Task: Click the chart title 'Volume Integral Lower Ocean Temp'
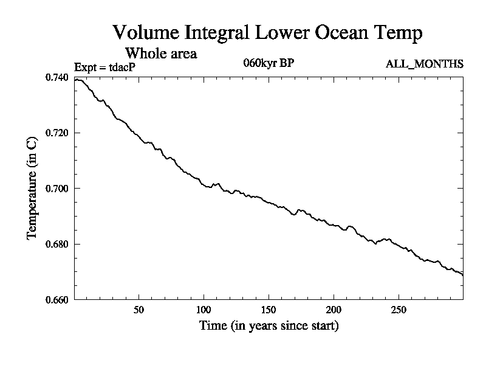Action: click(267, 33)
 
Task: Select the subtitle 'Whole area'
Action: click(160, 54)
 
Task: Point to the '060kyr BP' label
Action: click(268, 63)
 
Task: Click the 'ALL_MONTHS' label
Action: click(425, 64)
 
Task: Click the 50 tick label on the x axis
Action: click(139, 309)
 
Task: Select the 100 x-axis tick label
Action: click(204, 309)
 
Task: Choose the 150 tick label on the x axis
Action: click(269, 309)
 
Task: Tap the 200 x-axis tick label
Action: click(334, 309)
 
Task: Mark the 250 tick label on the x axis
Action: click(399, 309)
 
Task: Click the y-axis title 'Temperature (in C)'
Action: click(33, 189)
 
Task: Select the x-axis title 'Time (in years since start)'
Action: click(269, 326)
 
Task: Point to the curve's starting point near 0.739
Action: click(75, 80)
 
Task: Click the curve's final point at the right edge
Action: click(463, 275)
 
